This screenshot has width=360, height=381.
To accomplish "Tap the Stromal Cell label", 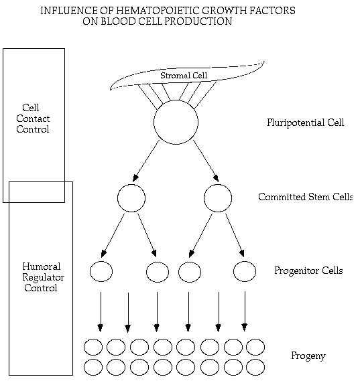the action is click(x=184, y=75).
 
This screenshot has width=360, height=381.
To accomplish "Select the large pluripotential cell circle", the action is click(x=176, y=100).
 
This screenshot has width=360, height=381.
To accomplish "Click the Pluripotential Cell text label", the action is click(x=306, y=123).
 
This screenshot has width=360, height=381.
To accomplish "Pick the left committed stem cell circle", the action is click(x=131, y=184).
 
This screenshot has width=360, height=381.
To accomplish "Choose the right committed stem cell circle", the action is click(x=218, y=184).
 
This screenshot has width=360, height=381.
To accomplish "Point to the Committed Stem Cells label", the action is click(x=306, y=197).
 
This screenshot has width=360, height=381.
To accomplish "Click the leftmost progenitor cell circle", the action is click(x=101, y=261).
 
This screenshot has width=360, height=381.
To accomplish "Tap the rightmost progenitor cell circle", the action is click(x=245, y=261).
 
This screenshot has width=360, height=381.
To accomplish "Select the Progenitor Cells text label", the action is click(x=308, y=271).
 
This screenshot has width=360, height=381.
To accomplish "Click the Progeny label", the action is click(x=308, y=356).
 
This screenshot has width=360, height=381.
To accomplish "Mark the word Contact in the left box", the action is click(x=33, y=119).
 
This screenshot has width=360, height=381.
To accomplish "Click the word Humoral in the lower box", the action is click(x=42, y=266).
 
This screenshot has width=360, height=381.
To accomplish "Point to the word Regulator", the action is click(x=44, y=278).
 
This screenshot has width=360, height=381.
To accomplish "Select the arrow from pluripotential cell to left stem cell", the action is click(x=146, y=161).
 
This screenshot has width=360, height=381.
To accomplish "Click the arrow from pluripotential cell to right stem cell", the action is click(x=206, y=161).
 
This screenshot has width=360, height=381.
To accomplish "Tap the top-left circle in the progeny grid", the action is click(x=93, y=339).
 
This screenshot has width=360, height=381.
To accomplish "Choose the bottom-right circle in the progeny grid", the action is click(x=255, y=360).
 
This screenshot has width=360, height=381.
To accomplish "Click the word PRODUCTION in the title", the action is click(x=198, y=21).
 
